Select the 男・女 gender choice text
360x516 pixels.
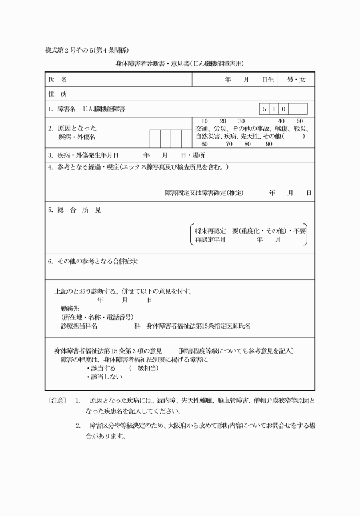click(296, 79)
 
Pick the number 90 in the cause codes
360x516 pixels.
click(269, 144)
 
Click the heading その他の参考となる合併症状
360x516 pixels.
click(97, 261)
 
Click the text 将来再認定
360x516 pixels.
click(211, 231)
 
